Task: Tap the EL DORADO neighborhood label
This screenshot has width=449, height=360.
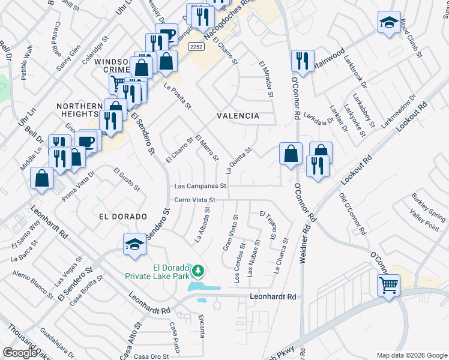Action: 120,216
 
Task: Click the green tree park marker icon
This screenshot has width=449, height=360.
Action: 198,272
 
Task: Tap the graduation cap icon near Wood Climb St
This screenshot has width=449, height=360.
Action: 389,22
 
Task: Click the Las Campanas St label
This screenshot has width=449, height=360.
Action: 200,186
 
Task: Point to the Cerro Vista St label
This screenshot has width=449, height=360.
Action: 194,200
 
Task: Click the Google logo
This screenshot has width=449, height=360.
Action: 19,353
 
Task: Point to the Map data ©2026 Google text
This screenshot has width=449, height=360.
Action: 411,355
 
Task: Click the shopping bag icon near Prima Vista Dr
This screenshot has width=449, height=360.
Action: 41,178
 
